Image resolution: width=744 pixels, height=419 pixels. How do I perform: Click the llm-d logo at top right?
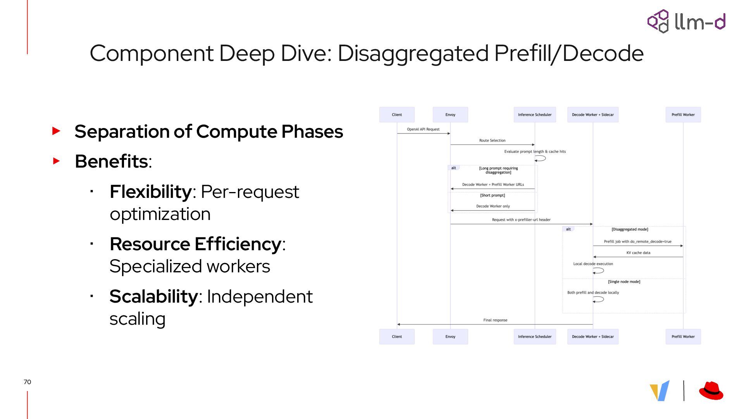click(x=686, y=21)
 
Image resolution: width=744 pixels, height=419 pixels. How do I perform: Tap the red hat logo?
click(x=711, y=391)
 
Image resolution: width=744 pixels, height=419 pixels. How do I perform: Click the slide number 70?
click(x=27, y=382)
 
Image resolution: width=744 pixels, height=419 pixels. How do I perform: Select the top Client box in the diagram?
click(x=397, y=115)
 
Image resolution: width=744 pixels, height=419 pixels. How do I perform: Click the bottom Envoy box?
click(x=450, y=337)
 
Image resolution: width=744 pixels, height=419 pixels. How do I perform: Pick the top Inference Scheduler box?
click(x=535, y=115)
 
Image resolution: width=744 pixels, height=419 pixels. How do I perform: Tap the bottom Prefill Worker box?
click(x=683, y=337)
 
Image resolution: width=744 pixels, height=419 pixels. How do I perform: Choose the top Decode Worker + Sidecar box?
click(x=593, y=115)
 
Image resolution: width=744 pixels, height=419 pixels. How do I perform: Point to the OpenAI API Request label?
click(x=423, y=129)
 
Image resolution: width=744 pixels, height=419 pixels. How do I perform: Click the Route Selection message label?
click(x=492, y=140)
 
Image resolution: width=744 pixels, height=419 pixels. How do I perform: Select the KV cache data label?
click(x=638, y=253)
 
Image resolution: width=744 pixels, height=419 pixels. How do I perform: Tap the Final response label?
click(x=495, y=320)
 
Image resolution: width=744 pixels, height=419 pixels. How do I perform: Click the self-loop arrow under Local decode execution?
click(x=598, y=271)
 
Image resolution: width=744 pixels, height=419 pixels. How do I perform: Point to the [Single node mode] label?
click(x=624, y=282)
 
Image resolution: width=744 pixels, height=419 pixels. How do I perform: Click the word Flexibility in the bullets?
click(x=150, y=192)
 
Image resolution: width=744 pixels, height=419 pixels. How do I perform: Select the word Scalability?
click(x=154, y=297)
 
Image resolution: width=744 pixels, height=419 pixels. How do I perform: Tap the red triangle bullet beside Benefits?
click(x=57, y=161)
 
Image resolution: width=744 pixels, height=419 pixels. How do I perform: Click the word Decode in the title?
click(x=603, y=53)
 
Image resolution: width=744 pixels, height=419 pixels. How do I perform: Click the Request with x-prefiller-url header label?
click(x=521, y=220)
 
